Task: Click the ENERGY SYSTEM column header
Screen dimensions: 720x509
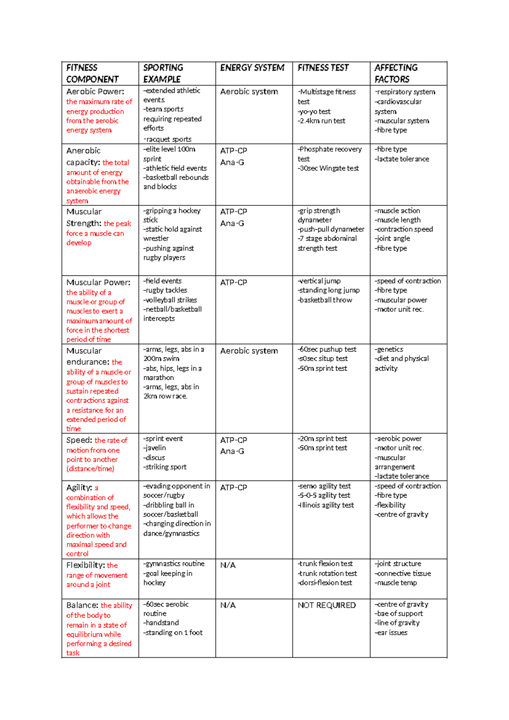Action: tap(252, 68)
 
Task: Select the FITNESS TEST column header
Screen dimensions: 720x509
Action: tap(323, 68)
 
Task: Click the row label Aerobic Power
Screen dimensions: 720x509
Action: tap(95, 91)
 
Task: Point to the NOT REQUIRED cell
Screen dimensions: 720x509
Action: tap(327, 605)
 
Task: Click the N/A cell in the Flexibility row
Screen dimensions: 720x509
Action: tap(228, 565)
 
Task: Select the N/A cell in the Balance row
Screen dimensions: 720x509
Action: tap(228, 605)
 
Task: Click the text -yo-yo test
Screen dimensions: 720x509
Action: tap(314, 112)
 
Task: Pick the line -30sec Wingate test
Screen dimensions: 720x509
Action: tap(328, 168)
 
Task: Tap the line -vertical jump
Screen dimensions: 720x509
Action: tap(319, 281)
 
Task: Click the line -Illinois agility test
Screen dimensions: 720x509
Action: tap(326, 505)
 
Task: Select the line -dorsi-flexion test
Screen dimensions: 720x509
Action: tap(325, 583)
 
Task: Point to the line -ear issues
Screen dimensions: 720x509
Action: tap(391, 633)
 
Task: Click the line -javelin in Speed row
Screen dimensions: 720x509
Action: tap(154, 448)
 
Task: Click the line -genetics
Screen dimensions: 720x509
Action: tap(389, 349)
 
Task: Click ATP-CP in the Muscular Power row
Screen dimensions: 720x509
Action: tap(233, 283)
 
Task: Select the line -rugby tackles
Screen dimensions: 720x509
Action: tap(165, 290)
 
